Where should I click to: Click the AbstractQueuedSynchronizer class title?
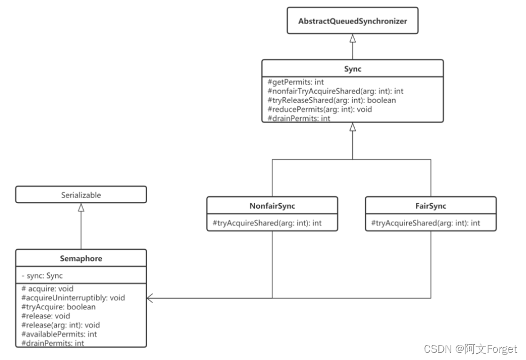(x=352, y=21)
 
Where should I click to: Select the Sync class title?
(x=352, y=68)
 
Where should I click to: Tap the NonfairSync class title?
(x=272, y=206)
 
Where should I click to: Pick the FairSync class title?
(x=431, y=206)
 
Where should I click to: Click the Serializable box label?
(x=81, y=195)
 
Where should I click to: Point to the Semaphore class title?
(x=81, y=259)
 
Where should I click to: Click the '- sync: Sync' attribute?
(x=42, y=276)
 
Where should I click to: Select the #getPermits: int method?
(x=296, y=82)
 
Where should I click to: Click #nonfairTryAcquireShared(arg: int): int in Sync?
(x=335, y=91)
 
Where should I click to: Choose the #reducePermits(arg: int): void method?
(x=320, y=109)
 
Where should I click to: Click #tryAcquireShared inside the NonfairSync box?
(x=266, y=223)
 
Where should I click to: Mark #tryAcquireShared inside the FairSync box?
(x=425, y=223)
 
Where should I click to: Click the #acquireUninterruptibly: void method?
(x=72, y=298)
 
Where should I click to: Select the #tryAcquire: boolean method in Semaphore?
(x=58, y=307)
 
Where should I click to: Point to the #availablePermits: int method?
(x=58, y=334)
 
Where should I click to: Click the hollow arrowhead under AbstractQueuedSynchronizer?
(x=352, y=38)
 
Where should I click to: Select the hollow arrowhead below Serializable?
(x=81, y=208)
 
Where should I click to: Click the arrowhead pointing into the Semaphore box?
(x=151, y=298)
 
